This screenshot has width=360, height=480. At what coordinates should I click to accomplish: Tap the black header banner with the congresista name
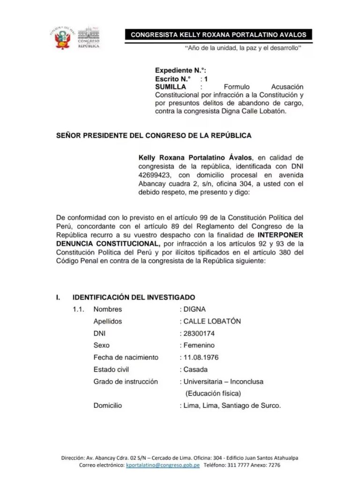218,35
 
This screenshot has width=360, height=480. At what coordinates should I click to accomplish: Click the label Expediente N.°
180,70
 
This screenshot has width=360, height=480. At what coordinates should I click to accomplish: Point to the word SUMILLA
171,87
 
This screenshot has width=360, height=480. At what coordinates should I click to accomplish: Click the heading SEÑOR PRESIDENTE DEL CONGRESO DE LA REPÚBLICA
154,135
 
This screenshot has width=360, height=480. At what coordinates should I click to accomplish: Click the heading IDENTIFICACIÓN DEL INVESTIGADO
134,297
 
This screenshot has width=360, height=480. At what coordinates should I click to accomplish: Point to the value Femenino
199,345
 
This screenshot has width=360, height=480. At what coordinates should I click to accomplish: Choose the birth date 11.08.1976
201,358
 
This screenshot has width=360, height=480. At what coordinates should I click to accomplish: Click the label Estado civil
111,369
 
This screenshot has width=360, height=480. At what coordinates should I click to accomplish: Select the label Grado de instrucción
126,382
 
